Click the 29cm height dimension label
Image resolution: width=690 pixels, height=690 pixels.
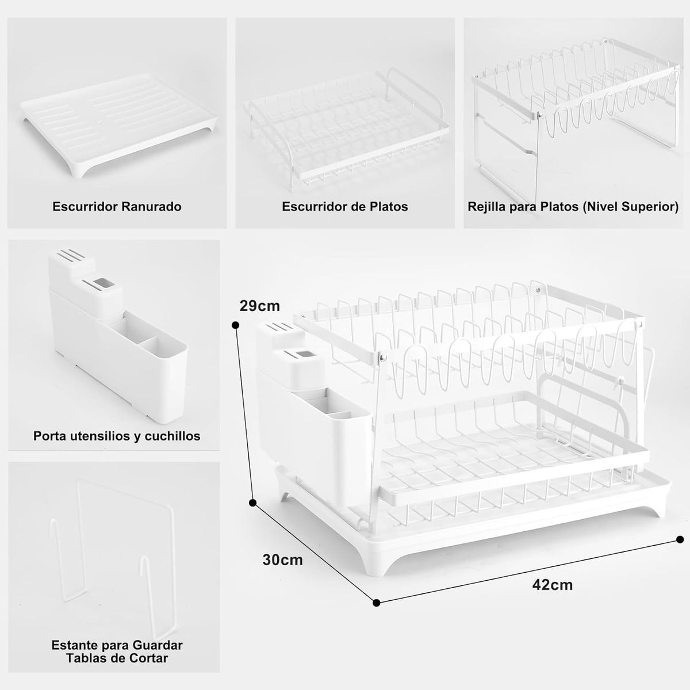coord(259,306)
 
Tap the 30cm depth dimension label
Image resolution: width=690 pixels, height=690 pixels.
coord(282,559)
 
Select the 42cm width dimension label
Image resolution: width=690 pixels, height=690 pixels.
coord(552,585)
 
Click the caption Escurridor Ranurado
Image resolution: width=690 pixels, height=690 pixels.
coord(117,206)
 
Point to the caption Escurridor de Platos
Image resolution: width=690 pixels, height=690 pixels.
coord(344,206)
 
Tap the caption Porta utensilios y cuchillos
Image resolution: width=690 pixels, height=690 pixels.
coord(117,436)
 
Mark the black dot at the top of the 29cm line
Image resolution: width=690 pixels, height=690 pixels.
coord(235,325)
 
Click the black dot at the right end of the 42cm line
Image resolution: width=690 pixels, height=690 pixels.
coord(680,539)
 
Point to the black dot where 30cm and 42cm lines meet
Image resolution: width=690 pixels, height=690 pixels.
coord(377,603)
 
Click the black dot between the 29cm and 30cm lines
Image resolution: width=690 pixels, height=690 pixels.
coord(252,503)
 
